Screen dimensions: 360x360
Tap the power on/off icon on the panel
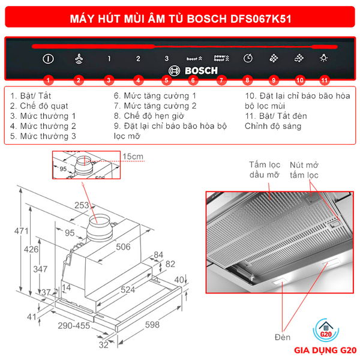pyautogui.click(x=48, y=59)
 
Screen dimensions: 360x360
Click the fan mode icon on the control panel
pyautogui.click(x=79, y=59)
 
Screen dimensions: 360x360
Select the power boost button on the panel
pyautogui.click(x=221, y=58)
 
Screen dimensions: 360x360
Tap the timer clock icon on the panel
pyautogui.click(x=248, y=58)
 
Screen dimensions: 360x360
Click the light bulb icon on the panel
pyautogui.click(x=324, y=58)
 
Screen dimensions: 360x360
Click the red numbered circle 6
pyautogui.click(x=193, y=80)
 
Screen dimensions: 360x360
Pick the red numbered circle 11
pyautogui.click(x=324, y=80)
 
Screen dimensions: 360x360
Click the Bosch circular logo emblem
pyautogui.click(x=174, y=71)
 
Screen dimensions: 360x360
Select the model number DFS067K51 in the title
pyautogui.click(x=260, y=19)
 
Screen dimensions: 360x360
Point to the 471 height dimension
pyautogui.click(x=22, y=231)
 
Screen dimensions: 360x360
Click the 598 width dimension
pyautogui.click(x=152, y=325)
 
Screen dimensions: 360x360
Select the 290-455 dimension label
pyautogui.click(x=74, y=326)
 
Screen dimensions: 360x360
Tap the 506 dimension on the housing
pyautogui.click(x=123, y=247)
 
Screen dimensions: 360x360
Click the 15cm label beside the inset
pyautogui.click(x=133, y=157)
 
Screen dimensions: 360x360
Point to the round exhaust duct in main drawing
pyautogui.click(x=100, y=228)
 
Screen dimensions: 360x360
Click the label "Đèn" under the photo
pyautogui.click(x=283, y=337)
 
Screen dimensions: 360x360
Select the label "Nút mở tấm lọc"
pyautogui.click(x=304, y=170)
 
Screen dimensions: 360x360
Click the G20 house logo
pyautogui.click(x=326, y=330)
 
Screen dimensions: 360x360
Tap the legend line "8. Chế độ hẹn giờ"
pyautogui.click(x=149, y=116)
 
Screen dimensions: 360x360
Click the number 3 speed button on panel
pyautogui.click(x=167, y=59)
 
